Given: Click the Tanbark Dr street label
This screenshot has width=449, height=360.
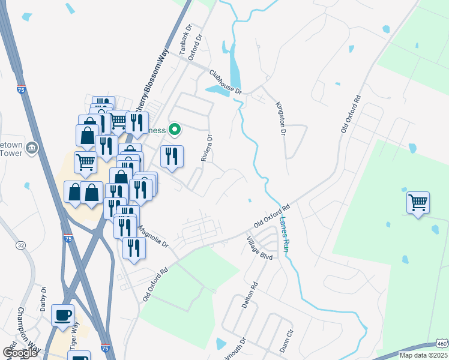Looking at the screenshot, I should [185, 40].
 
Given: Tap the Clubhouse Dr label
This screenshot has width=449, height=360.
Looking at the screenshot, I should [225, 82].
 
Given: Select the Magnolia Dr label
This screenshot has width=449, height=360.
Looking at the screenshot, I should [154, 236].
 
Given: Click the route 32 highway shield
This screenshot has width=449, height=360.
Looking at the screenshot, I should [21, 245].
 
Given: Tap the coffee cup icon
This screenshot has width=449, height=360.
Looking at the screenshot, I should [62, 315].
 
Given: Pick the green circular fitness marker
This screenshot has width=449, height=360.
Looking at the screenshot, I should [175, 128].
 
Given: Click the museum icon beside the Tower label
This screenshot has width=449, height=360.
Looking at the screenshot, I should [32, 148].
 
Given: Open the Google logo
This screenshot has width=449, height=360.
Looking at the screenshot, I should [20, 353].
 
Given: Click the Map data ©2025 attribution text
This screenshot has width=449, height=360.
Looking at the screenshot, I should [423, 355].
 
